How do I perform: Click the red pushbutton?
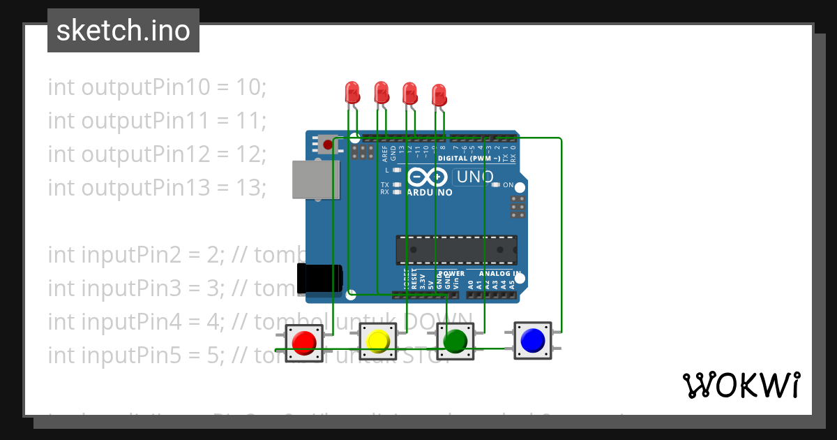(x=304, y=342)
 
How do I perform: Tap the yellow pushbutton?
(x=377, y=341)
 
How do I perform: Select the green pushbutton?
(x=455, y=341)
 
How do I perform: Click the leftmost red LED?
(x=352, y=91)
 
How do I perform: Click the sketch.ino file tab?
(x=123, y=31)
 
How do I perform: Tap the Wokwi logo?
(x=741, y=385)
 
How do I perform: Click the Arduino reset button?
(x=327, y=145)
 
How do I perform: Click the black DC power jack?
(x=319, y=278)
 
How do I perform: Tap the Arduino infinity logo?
(x=421, y=177)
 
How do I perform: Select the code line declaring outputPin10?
(x=157, y=87)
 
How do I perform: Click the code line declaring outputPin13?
(x=157, y=188)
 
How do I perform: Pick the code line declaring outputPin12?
(x=157, y=154)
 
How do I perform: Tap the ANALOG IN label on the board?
(x=499, y=273)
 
